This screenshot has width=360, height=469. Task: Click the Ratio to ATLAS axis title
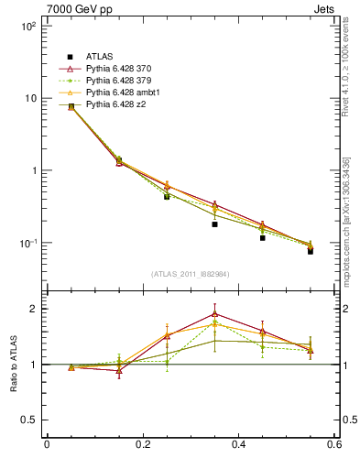point(13,365)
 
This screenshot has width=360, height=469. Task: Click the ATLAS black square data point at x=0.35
point(214,224)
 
